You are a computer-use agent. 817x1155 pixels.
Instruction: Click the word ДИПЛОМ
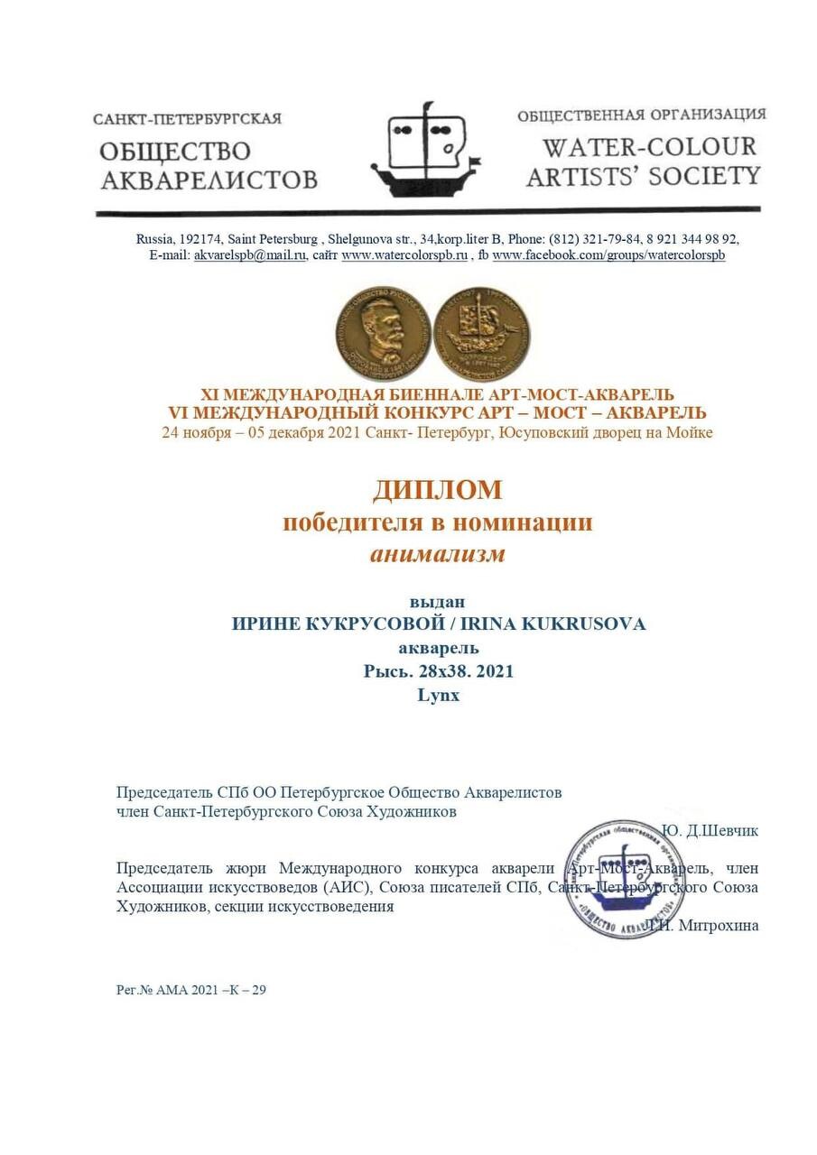point(437,490)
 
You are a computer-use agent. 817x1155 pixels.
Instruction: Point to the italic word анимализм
point(437,553)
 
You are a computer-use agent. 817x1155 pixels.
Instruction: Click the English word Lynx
point(438,695)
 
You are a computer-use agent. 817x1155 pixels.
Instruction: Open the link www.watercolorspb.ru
point(404,255)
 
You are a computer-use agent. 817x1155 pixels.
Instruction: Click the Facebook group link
point(608,255)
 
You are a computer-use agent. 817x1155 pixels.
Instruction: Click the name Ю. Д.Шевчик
point(710,830)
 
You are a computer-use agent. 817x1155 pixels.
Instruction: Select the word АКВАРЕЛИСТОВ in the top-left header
point(209,179)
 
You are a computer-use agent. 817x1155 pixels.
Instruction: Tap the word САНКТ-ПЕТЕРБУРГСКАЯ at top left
point(187,119)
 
